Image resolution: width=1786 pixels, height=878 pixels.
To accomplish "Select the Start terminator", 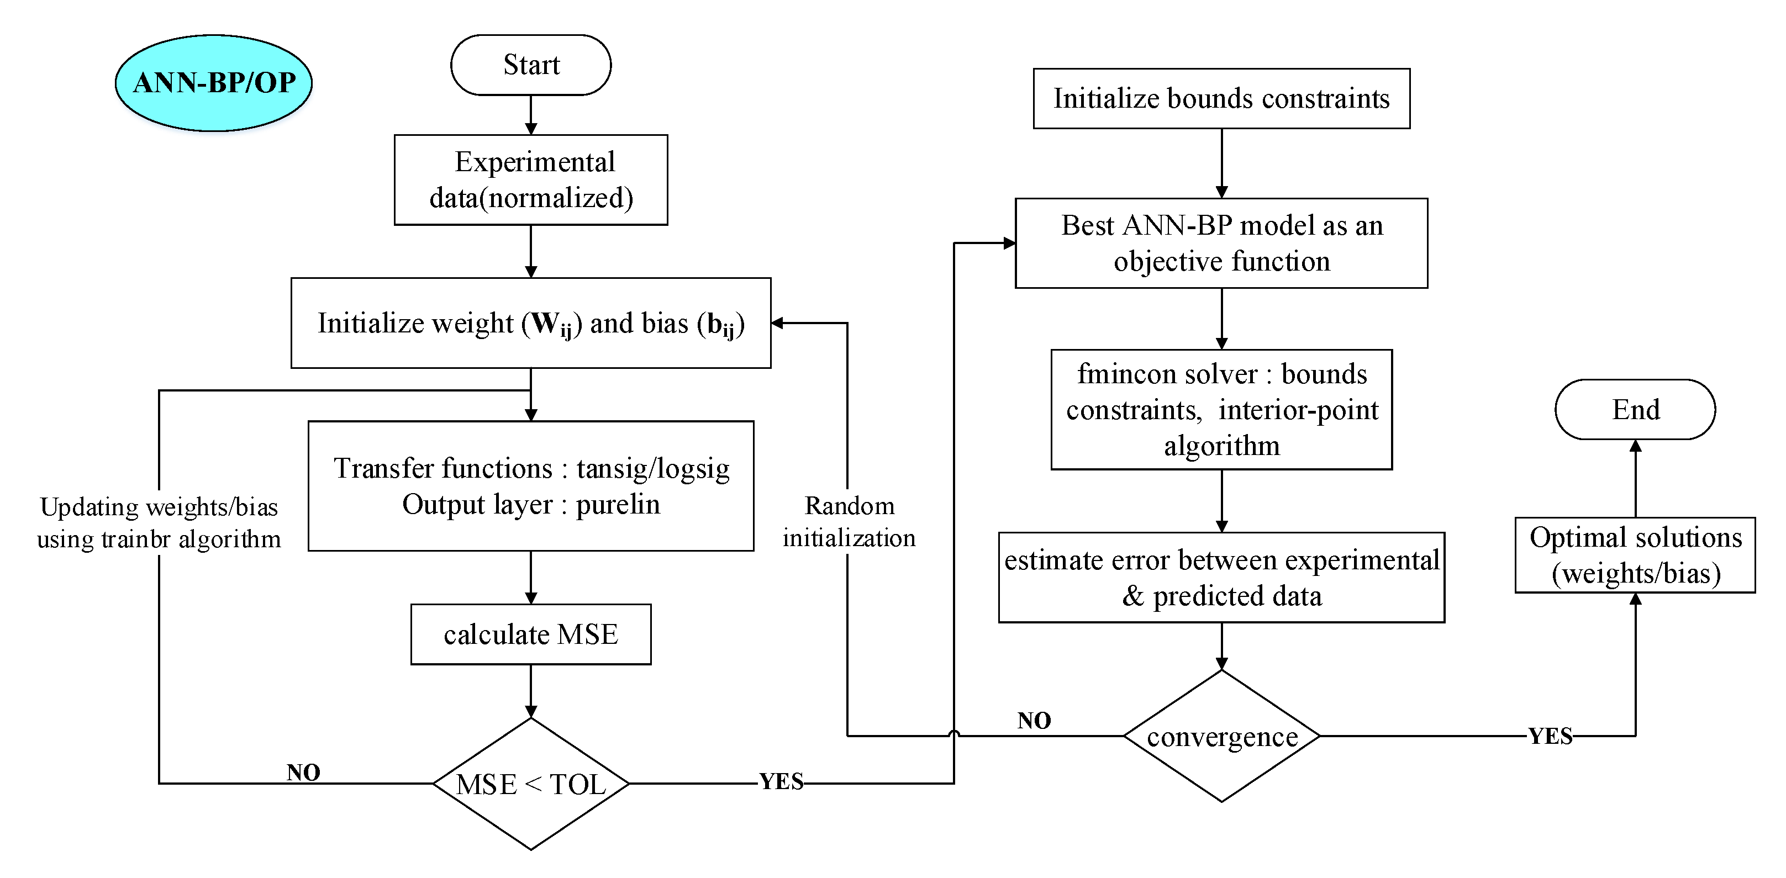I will (530, 65).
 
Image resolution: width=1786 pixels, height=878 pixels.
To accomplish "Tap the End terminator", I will (1635, 410).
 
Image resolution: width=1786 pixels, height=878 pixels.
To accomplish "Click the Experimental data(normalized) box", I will (530, 180).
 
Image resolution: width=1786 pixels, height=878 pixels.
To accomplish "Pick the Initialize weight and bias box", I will (530, 323).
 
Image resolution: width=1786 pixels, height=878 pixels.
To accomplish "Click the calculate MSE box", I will (530, 634).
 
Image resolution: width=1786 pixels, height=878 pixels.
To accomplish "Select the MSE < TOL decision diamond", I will (530, 784).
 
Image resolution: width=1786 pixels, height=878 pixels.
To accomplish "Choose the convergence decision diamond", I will (1221, 736).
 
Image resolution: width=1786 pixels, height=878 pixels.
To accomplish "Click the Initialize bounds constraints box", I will (1221, 98).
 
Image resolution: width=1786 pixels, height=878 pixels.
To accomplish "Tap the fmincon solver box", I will (1221, 410).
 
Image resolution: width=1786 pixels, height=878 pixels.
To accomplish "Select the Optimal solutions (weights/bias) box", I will (1635, 555).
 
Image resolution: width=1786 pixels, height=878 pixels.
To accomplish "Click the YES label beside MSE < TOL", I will (781, 782).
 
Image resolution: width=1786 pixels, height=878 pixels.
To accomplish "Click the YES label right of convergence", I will (1550, 736).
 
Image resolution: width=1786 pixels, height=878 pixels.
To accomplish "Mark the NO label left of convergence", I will (1034, 721).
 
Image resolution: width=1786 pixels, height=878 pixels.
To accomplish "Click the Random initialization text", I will (849, 522).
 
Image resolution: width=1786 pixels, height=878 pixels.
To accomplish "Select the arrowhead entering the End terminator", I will (1635, 446).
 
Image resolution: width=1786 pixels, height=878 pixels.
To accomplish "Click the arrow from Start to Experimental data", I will (530, 114).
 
